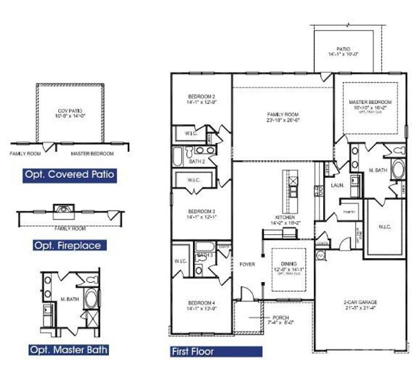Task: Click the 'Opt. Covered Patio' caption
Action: [70, 174]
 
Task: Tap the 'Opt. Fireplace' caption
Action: [67, 245]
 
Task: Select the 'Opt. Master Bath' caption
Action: [70, 350]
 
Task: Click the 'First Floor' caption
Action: [193, 352]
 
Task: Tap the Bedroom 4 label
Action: [201, 305]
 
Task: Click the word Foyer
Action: [247, 264]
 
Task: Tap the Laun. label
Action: [336, 185]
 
